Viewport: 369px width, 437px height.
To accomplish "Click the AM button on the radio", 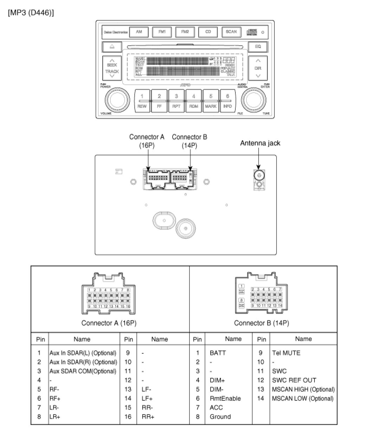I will click(139, 32).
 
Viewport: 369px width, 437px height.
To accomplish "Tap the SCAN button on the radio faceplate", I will click(231, 32).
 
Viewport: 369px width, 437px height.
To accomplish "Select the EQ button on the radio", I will click(258, 46).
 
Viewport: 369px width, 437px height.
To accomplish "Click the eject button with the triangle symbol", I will click(112, 46).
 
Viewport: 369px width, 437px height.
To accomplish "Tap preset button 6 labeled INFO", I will click(228, 101).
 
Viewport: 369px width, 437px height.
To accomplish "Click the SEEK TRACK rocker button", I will click(112, 68).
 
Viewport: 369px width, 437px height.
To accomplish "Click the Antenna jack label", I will click(260, 143).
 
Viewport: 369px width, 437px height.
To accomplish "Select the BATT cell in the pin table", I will click(218, 353).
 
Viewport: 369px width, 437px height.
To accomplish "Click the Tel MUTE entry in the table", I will click(286, 353).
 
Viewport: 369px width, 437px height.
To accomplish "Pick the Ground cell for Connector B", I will click(220, 417).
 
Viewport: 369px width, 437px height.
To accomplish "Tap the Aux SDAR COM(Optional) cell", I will click(83, 371).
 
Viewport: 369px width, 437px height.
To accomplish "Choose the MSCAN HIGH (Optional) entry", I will click(303, 389).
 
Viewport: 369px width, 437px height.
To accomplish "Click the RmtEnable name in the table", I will click(225, 398).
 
